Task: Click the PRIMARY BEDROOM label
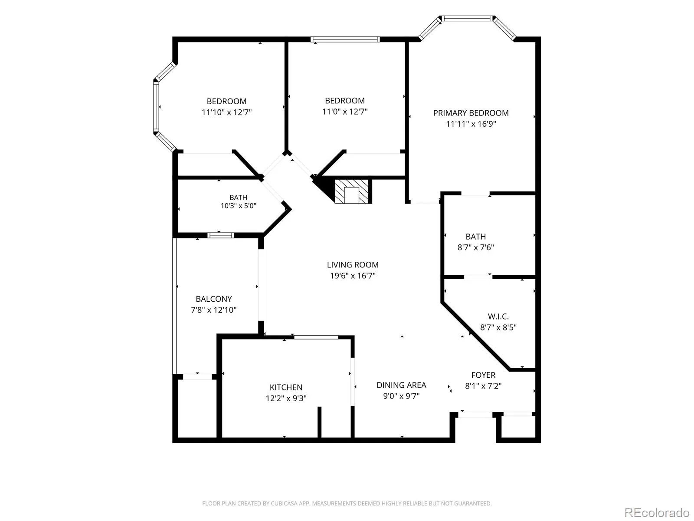point(471,113)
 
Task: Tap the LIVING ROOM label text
point(353,265)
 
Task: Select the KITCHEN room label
point(286,387)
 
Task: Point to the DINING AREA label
point(401,385)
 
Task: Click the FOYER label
point(483,375)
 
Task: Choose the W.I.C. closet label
point(498,317)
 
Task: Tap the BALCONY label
point(214,299)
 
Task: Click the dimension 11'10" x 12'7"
point(227,112)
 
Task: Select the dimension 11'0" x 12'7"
point(345,112)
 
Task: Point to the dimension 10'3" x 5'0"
point(238,206)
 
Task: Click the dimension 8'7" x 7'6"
point(475,247)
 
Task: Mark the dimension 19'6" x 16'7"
point(353,276)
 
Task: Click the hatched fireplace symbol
point(351,192)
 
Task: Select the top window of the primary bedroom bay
point(467,18)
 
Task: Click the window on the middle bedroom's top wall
point(345,40)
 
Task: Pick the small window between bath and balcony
point(221,235)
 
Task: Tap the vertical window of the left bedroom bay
point(156,107)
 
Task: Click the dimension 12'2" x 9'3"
point(286,398)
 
